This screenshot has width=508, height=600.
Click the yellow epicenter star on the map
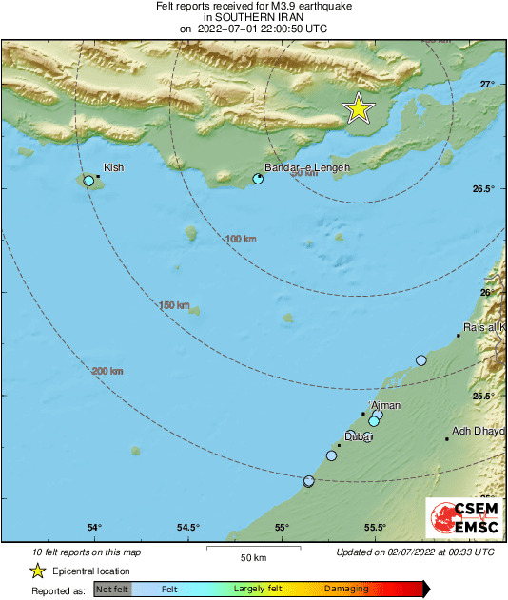pos(359,108)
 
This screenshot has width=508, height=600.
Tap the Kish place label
pos(113,167)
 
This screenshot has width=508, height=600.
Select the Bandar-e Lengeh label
pos(306,167)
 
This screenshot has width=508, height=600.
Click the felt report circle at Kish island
pos(88,181)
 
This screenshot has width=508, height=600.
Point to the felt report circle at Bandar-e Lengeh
pos(258,178)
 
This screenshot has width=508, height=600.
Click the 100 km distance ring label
pos(242,239)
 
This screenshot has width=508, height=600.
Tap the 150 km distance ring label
pos(174,304)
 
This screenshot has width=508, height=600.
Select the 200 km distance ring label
pos(107,370)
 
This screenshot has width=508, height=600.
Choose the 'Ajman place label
pos(384,406)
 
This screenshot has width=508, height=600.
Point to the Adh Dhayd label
pos(478,431)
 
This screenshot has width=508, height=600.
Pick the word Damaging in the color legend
pos(346,590)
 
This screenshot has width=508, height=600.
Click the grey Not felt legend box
pos(111,590)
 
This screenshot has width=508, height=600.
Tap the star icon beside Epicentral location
pos(37,571)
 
